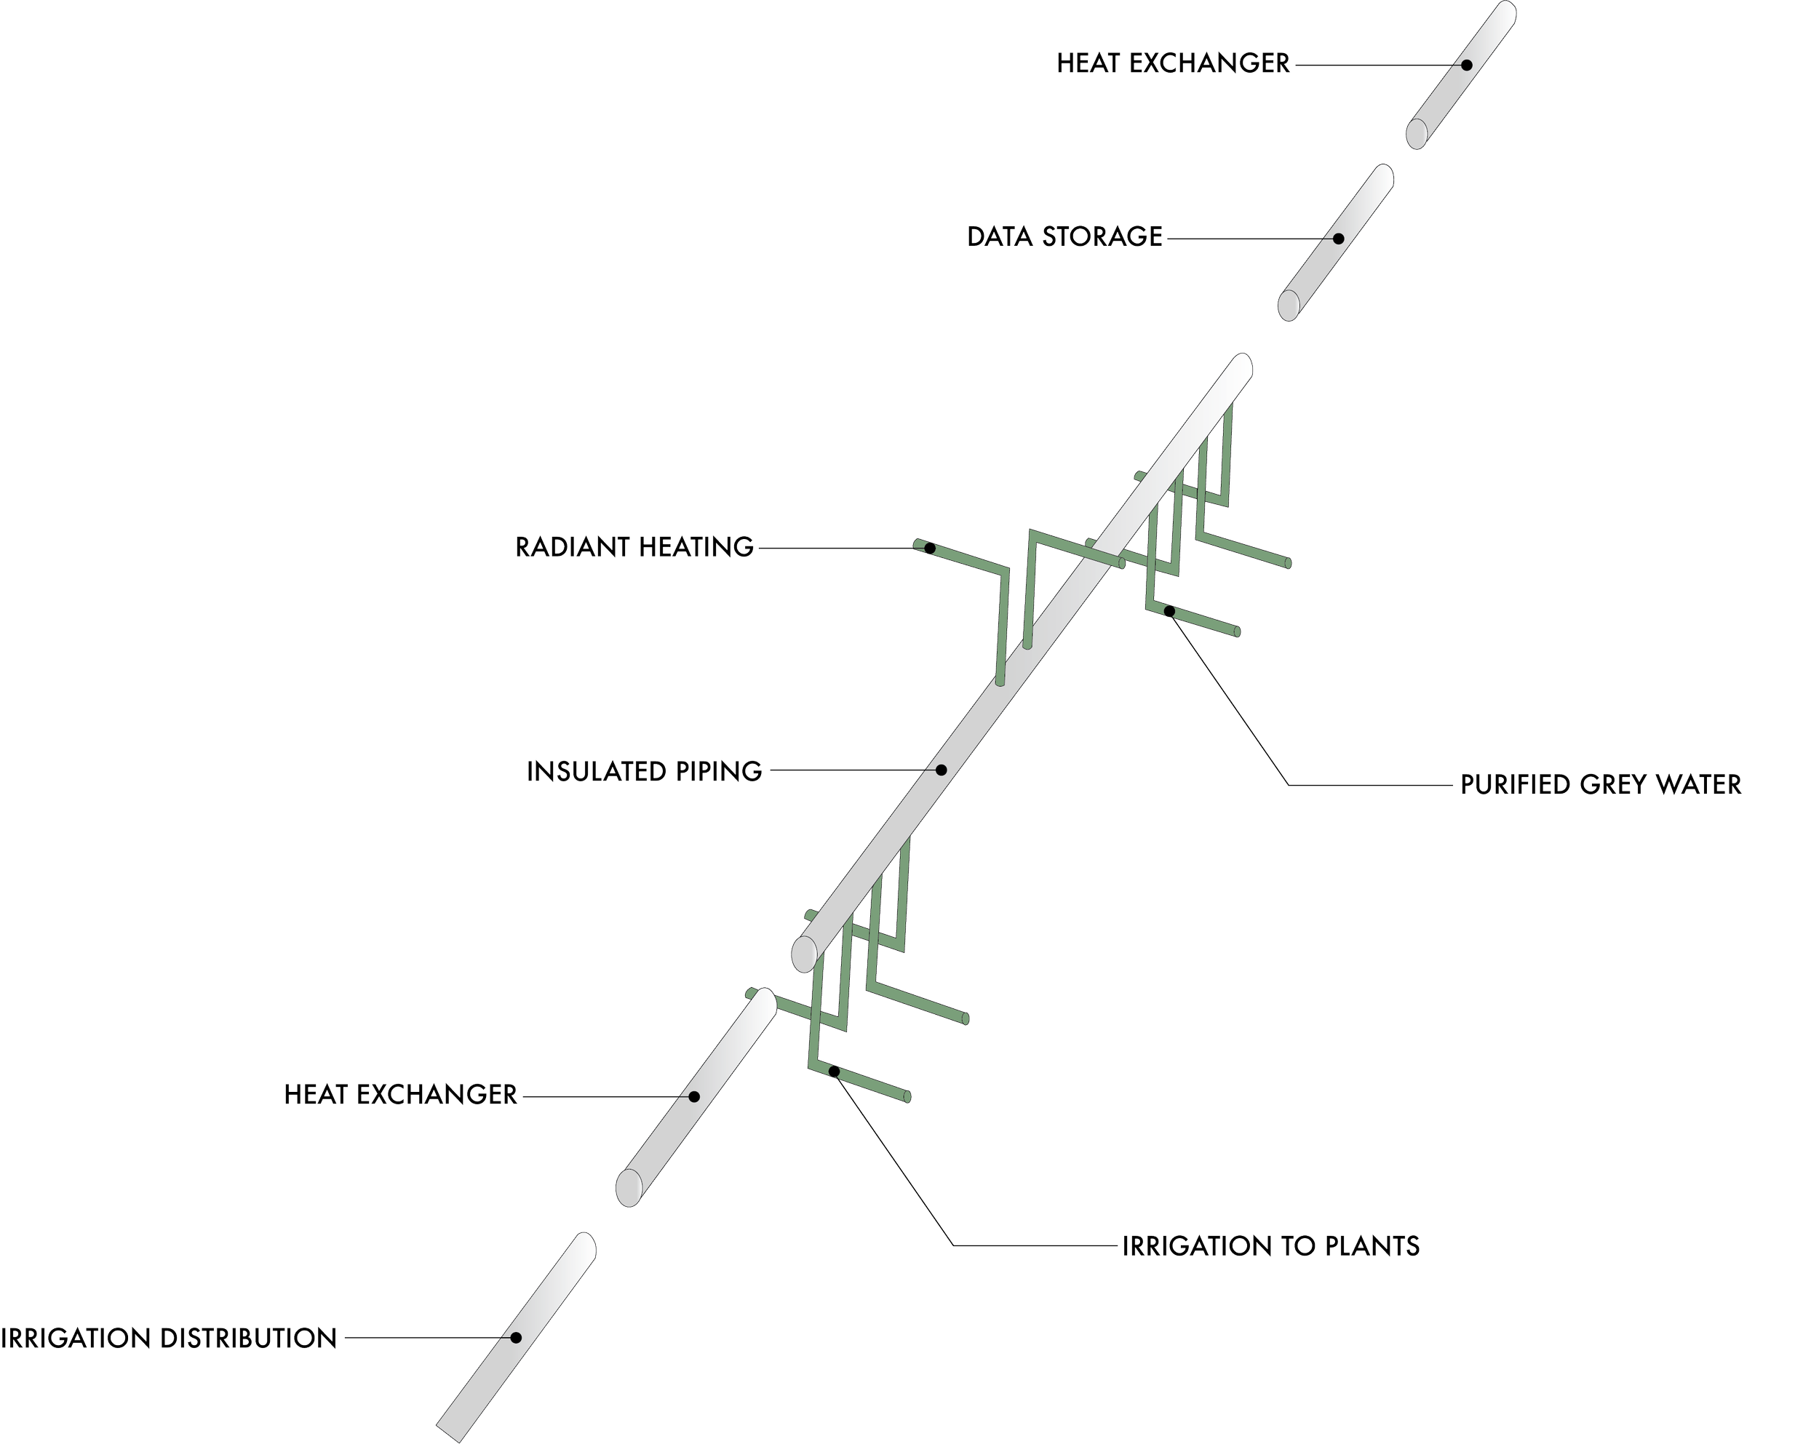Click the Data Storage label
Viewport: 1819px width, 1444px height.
(1064, 237)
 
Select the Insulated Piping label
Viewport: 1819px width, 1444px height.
(645, 772)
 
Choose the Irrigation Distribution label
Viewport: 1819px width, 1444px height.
(169, 1339)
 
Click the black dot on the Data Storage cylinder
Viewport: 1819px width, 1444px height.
(1338, 238)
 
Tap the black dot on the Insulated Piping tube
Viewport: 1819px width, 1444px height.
(942, 769)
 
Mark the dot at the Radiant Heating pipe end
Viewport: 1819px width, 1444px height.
(928, 547)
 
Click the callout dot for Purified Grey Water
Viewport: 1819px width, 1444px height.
(1169, 610)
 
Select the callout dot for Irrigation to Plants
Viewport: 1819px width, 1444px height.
(834, 1072)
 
